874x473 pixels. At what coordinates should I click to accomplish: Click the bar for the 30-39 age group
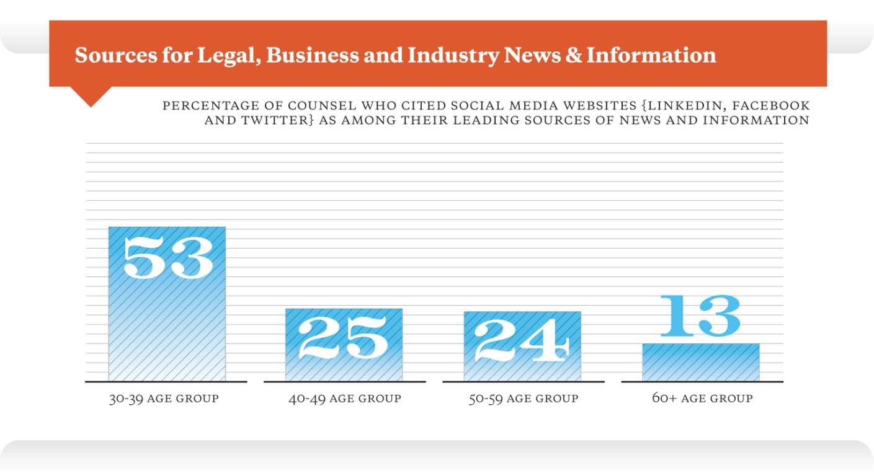point(167,322)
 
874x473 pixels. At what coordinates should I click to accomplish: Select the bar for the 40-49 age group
point(344,366)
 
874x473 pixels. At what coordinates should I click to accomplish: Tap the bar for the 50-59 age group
point(522,367)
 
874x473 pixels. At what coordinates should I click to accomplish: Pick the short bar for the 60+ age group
point(700,363)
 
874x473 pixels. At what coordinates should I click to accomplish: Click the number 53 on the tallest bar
point(168,256)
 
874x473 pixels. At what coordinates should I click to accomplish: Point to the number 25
point(344,338)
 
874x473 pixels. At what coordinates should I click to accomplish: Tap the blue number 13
point(700,316)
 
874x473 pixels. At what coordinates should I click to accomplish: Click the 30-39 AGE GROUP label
point(164,398)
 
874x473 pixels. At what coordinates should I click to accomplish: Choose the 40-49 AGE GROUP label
point(344,398)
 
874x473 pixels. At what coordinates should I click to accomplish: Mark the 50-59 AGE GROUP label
point(523,398)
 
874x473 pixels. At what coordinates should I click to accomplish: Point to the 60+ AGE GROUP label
point(702,398)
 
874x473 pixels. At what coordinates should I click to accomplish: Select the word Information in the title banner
point(651,55)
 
